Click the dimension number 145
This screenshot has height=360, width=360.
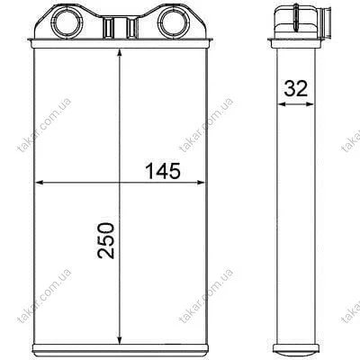pos(163,171)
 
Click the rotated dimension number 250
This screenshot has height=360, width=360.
pos(106,240)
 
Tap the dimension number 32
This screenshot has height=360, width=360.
pos(296,88)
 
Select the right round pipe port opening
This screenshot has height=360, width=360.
pos(173,22)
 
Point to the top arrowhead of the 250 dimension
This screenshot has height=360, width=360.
pos(120,53)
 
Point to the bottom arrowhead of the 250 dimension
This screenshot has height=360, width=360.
pos(120,337)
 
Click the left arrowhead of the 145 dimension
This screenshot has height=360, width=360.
pos(40,182)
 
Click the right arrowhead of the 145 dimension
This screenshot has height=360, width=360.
pos(200,182)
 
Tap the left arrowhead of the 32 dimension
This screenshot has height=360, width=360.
pos(282,104)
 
